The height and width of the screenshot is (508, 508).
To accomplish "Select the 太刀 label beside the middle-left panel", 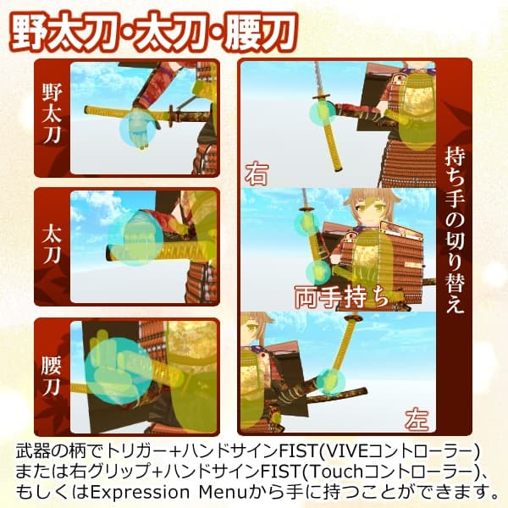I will (52, 239).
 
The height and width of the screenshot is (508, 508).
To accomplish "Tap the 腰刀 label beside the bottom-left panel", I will (52, 373).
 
